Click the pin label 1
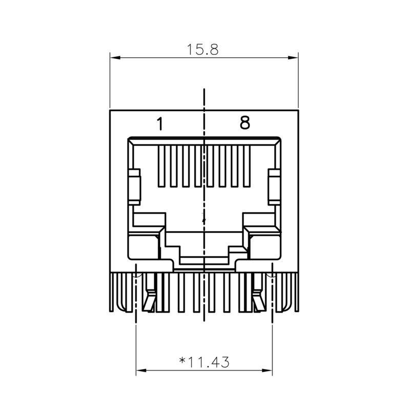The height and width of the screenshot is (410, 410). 160,124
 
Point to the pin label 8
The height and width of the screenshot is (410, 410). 245,123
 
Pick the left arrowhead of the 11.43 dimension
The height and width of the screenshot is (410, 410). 140,370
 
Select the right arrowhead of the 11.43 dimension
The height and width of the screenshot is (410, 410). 267,370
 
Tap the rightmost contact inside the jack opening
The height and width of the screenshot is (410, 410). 248,167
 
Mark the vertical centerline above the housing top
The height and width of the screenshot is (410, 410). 204,97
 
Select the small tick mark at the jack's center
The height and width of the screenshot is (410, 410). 204,219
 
